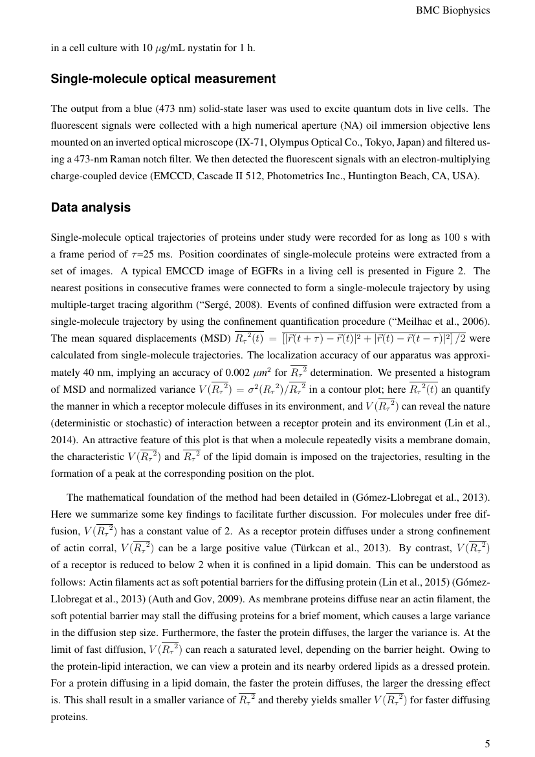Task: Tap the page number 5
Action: pos(487,743)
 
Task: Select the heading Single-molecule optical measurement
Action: pos(163,79)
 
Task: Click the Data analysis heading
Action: pos(91,208)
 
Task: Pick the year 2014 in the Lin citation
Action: pos(61,440)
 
